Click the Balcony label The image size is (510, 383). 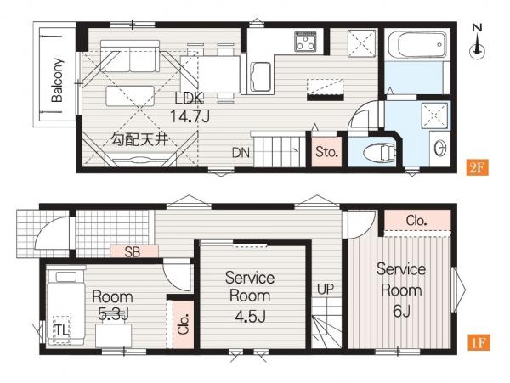pos(57,80)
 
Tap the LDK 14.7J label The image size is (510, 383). pos(190,108)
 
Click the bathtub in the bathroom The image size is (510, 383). pos(417,45)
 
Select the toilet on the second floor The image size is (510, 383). pos(379,152)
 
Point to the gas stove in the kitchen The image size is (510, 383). pos(306,42)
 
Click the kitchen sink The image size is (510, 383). pos(260,76)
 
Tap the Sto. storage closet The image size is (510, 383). pos(327,152)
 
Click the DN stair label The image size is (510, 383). pos(241,153)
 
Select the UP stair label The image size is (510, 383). pos(326,289)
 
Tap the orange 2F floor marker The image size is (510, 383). pos(477,167)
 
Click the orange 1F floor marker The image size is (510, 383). pos(479,343)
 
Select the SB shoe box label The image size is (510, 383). pos(133,251)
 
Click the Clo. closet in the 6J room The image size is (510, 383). pos(417,221)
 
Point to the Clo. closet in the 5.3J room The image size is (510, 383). pos(184,324)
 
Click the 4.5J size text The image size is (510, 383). pos(250,317)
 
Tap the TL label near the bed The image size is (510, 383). pos(62,330)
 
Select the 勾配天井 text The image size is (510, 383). pos(139,139)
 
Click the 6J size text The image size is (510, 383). pos(401,311)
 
